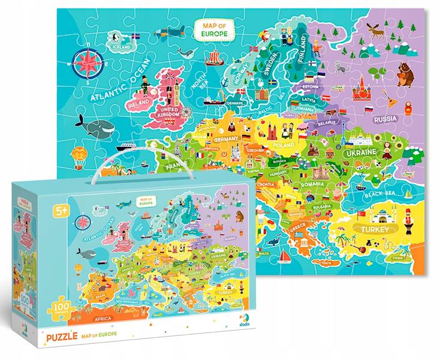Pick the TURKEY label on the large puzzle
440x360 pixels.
coord(375,229)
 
